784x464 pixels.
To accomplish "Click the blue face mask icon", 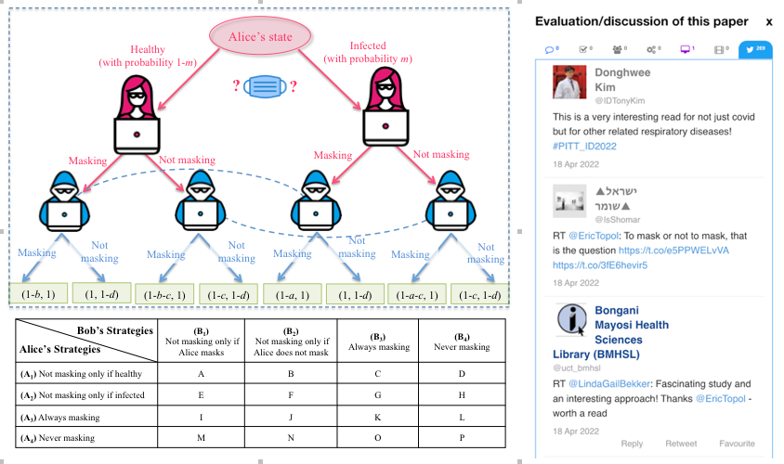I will point(265,88).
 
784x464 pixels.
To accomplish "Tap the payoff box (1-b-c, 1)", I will point(165,294).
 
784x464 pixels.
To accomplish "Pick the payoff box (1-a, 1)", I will point(292,294).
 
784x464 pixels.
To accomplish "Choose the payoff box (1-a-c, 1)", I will point(417,294).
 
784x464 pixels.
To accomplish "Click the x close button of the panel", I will point(768,20).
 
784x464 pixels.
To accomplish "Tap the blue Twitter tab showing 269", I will point(754,48).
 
